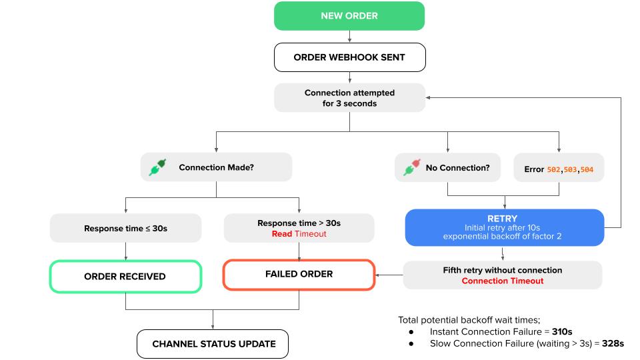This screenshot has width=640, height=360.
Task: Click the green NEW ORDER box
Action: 349,15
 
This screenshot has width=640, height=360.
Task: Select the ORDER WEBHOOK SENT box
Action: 349,57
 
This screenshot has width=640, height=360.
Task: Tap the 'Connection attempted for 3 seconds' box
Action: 349,98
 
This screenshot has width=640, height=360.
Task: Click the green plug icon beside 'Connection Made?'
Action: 159,167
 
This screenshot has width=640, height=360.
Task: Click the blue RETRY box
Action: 504,228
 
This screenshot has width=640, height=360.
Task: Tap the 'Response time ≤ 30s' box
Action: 125,228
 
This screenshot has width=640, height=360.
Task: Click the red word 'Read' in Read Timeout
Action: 282,234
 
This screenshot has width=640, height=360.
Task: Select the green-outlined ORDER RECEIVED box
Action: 125,275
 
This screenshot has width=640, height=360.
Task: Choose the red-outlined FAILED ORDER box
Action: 299,274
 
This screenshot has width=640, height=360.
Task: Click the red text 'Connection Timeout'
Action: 502,281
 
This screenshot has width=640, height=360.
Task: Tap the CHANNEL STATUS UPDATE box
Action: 213,344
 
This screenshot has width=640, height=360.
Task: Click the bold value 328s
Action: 612,343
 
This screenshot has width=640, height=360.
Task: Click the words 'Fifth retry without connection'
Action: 502,270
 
